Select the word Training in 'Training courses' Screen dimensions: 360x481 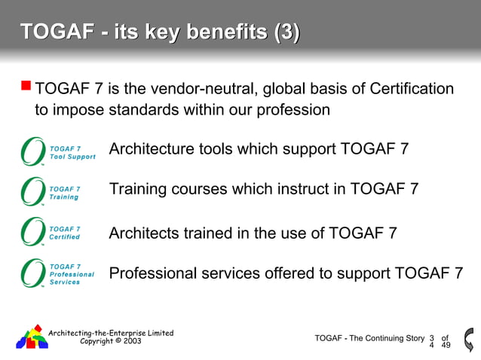click(136, 188)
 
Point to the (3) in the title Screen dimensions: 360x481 click(286, 32)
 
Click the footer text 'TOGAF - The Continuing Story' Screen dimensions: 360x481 click(369, 338)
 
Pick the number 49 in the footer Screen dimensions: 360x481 click(446, 346)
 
